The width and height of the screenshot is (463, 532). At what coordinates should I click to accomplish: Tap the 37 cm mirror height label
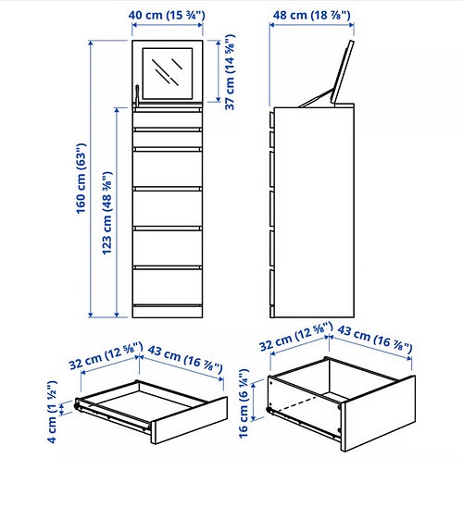pyautogui.click(x=231, y=73)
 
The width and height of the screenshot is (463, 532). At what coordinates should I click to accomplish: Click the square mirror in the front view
pyautogui.click(x=168, y=69)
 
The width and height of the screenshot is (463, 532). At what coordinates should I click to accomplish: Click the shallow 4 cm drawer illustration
pyautogui.click(x=153, y=407)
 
